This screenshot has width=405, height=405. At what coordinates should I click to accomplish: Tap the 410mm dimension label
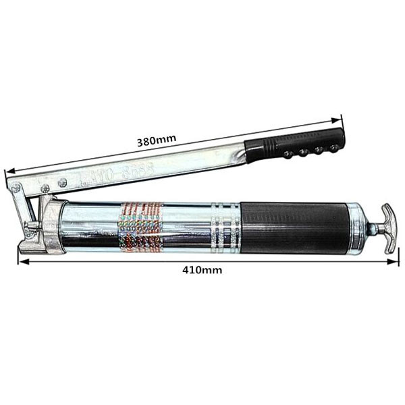[202, 269]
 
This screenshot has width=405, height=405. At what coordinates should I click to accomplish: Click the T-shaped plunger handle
[389, 228]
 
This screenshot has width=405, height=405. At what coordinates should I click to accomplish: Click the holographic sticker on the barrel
[140, 227]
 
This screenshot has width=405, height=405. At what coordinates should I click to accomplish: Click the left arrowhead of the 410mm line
[21, 260]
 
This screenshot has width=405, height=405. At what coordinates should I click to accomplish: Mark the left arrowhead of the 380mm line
[7, 173]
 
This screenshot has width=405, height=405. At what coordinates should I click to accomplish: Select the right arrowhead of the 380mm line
[340, 119]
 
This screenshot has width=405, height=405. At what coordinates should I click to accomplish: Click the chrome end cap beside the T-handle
[358, 227]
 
